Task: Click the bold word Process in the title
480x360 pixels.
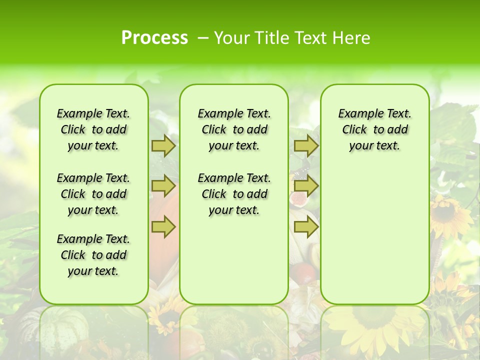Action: coord(154,38)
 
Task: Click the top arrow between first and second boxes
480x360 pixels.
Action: coord(163,145)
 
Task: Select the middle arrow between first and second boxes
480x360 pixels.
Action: coord(163,186)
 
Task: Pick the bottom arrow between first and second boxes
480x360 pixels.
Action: coord(163,227)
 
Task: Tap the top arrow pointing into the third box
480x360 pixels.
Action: coord(306,145)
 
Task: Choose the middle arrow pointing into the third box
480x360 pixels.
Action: coord(306,186)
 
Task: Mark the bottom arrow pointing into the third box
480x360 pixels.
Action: coord(306,227)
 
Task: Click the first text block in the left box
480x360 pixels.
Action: coord(93,129)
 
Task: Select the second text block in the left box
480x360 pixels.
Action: coord(93,194)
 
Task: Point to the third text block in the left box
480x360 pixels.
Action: coord(93,255)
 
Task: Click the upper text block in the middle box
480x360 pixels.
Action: coord(234,129)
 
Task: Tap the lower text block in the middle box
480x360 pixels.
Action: coord(234,194)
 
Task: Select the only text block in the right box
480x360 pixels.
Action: coord(374,129)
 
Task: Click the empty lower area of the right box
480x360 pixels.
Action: coord(374,235)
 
